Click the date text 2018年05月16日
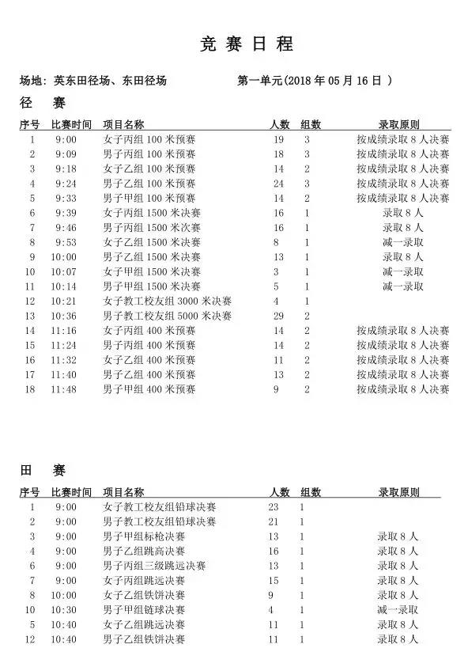pyautogui.click(x=336, y=80)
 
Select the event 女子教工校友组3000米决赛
pyautogui.click(x=168, y=301)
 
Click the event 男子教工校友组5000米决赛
pyautogui.click(x=168, y=316)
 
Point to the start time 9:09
pyautogui.click(x=66, y=153)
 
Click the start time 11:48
pyautogui.click(x=66, y=389)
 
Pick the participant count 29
pyautogui.click(x=277, y=316)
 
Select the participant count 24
pyautogui.click(x=277, y=183)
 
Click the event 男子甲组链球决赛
pyautogui.click(x=144, y=609)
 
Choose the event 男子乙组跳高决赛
pyautogui.click(x=144, y=551)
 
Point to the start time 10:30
pyautogui.click(x=66, y=609)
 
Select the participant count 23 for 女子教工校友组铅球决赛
pyautogui.click(x=274, y=506)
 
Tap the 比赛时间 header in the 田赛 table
pyautogui.click(x=71, y=491)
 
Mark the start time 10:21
pyautogui.click(x=66, y=301)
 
